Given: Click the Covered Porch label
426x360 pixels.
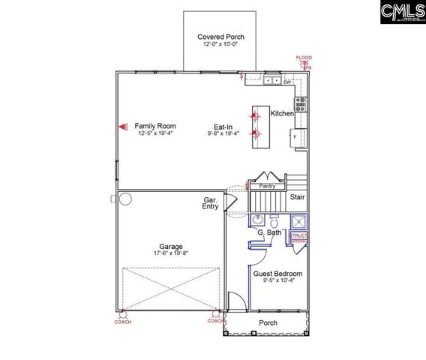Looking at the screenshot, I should click(x=220, y=37).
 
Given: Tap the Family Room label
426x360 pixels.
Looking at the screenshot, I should click(x=154, y=126).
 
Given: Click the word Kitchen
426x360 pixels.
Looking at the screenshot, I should click(x=282, y=113).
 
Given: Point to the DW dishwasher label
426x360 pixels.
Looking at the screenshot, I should click(x=286, y=82).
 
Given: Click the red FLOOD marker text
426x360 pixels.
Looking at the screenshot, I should click(x=304, y=58).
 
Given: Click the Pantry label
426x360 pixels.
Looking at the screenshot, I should click(x=267, y=185).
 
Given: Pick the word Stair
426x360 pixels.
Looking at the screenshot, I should click(x=297, y=197).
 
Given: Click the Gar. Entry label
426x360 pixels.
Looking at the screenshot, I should click(x=211, y=203).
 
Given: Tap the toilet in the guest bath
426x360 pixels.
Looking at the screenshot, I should click(x=275, y=222).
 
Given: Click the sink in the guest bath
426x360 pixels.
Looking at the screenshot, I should click(x=257, y=220).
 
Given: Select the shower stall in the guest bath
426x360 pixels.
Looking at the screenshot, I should click(x=298, y=221).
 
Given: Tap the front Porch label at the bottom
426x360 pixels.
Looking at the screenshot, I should click(x=268, y=323).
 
